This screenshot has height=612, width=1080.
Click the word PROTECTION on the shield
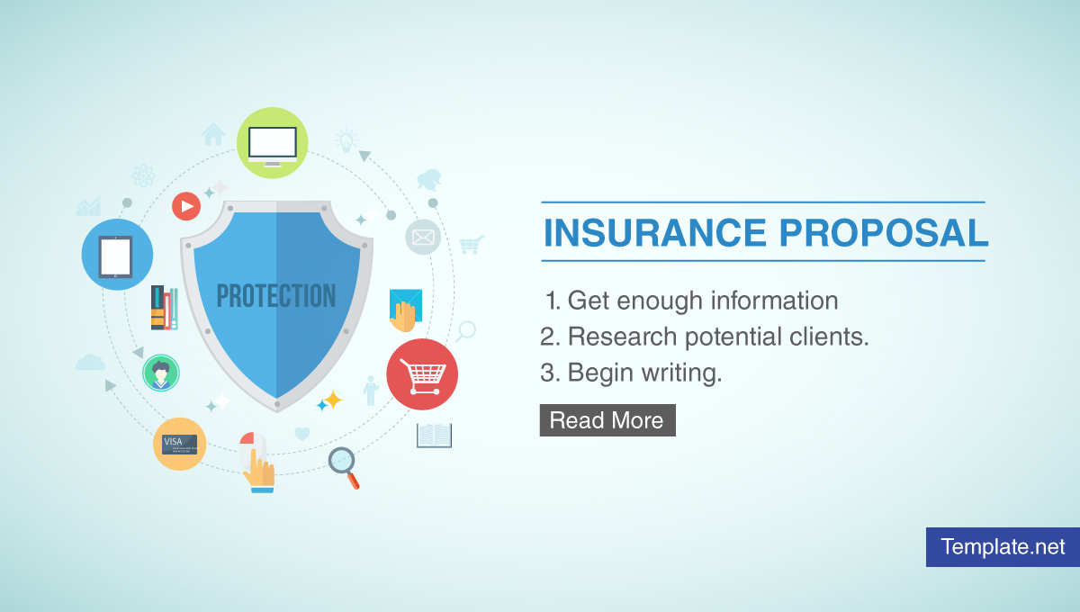click(x=276, y=296)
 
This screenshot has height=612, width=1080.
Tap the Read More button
click(x=607, y=420)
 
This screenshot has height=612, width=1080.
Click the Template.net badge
click(x=1003, y=546)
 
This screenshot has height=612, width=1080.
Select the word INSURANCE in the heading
click(x=655, y=233)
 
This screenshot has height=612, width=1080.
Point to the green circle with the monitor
click(x=273, y=143)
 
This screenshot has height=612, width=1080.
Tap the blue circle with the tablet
click(x=117, y=255)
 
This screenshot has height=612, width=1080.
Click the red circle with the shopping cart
click(x=422, y=374)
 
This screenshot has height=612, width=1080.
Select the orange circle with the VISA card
click(x=179, y=444)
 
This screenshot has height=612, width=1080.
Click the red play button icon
click(x=186, y=206)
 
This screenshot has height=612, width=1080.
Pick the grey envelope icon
click(x=423, y=238)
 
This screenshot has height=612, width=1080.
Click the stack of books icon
click(x=164, y=309)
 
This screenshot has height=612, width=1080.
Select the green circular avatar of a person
click(x=161, y=373)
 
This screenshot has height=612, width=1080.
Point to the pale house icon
click(x=213, y=134)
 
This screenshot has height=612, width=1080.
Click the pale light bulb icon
click(x=346, y=140)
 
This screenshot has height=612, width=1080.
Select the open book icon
click(x=434, y=436)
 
